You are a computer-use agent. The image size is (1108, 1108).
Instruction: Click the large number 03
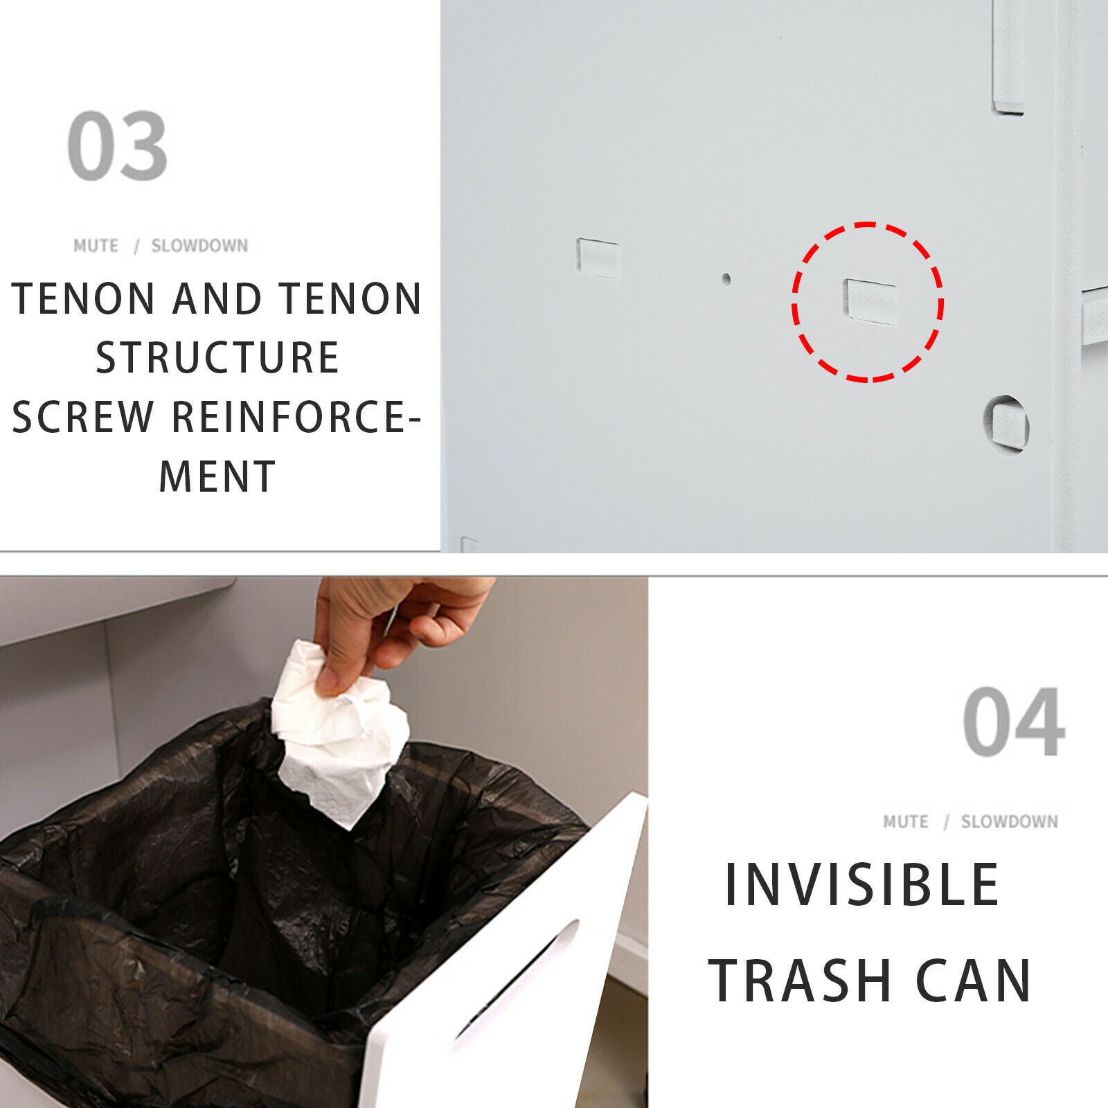118,146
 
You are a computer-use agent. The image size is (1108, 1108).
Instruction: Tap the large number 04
1013,722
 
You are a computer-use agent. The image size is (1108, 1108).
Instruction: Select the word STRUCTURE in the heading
217,357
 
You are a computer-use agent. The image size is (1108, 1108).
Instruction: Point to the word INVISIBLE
862,884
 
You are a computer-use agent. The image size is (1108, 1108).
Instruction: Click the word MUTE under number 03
96,246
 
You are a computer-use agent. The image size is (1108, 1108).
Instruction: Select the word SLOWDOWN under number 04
1009,821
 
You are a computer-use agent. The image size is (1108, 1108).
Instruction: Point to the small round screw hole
726,279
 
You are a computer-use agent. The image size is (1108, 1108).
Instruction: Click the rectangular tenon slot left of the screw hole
598,258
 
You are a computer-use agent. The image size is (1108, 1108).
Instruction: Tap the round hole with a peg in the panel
1006,423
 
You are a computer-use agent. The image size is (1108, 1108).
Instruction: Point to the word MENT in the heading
217,476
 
